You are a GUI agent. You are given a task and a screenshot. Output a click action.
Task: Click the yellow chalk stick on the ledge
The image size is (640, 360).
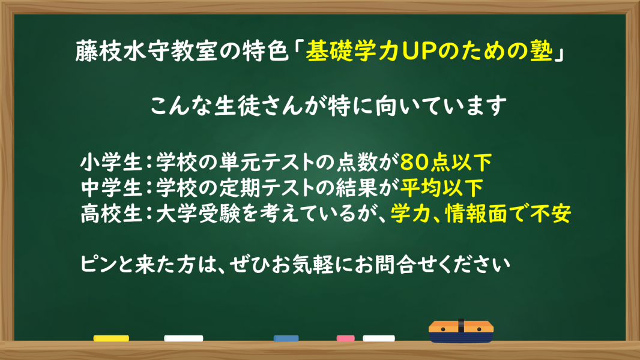(111, 338)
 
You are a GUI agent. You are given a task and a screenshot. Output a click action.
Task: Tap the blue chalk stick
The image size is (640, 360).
(286, 338)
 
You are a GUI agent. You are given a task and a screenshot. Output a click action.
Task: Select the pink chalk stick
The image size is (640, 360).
(345, 338)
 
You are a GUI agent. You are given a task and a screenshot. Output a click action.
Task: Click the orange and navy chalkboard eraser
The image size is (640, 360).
(461, 331)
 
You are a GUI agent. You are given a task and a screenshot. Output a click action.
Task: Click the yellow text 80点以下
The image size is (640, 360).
(446, 163)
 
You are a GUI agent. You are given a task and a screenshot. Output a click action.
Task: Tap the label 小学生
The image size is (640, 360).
(111, 163)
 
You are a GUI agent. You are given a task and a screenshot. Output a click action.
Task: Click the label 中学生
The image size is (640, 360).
(111, 188)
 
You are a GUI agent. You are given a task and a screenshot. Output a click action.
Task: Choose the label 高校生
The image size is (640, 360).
(111, 214)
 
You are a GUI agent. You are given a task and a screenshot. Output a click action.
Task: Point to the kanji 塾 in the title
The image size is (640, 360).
(542, 52)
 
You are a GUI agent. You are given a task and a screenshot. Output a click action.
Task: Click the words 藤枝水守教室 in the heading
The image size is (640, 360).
(146, 52)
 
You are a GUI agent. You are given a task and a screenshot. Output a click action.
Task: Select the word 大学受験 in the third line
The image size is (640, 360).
(198, 214)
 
